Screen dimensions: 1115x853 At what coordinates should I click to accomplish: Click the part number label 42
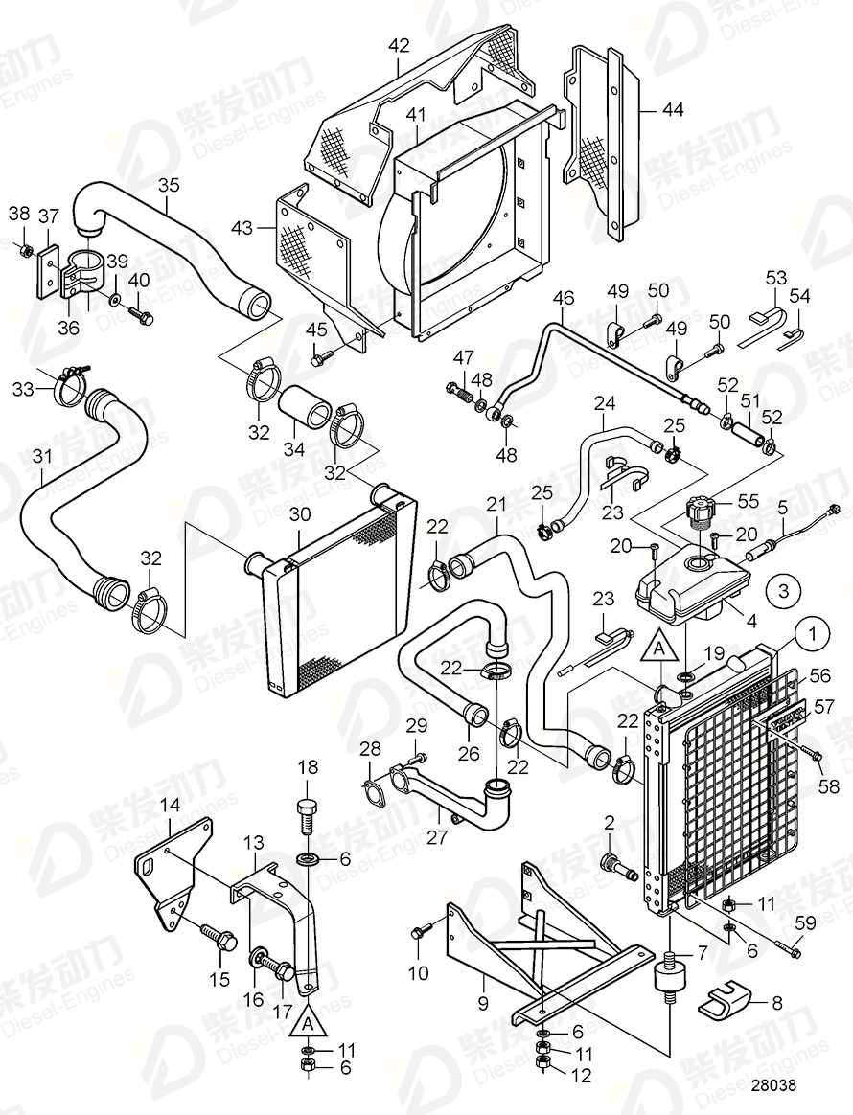pos(399,45)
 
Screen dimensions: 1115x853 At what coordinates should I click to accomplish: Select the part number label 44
pos(673,110)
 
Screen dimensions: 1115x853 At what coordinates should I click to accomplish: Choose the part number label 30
pos(299,514)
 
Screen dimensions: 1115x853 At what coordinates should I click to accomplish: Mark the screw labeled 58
pos(815,756)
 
